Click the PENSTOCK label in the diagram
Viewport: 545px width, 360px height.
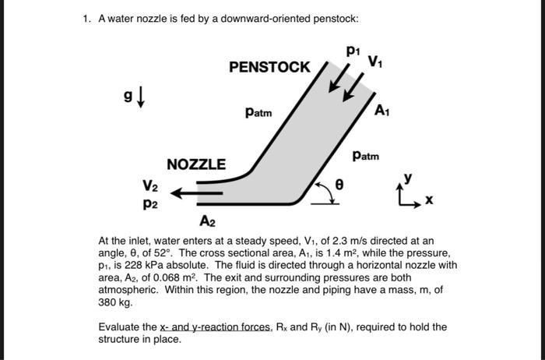point(269,67)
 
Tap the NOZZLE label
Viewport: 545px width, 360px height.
point(196,164)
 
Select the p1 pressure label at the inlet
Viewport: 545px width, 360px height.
point(353,51)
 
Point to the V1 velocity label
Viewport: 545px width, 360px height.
point(374,61)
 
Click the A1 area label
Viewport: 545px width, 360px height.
point(381,111)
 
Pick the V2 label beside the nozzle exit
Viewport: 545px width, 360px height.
point(150,187)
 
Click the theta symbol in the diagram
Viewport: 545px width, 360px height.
point(339,184)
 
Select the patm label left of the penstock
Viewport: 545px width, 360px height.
point(258,112)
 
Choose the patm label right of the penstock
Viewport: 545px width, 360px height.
point(365,156)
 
